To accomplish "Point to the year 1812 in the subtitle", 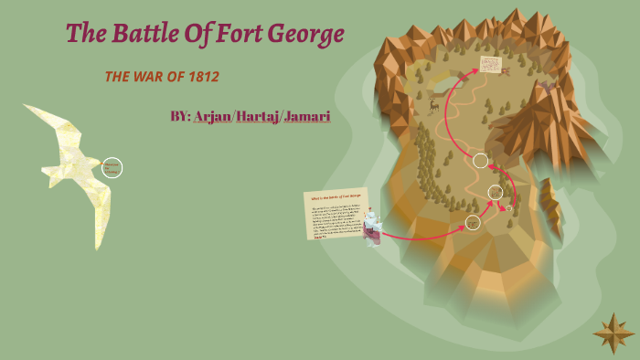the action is tap(203, 77).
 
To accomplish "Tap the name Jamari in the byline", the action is tap(307, 117).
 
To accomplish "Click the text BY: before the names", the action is tap(180, 117).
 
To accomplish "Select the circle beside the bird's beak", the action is tap(112, 167).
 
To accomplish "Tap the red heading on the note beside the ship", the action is tap(335, 197).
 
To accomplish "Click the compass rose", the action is tap(613, 333).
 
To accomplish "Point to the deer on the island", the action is tap(434, 105).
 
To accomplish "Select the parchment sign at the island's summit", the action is tap(491, 64).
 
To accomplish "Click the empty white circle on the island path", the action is tap(480, 161).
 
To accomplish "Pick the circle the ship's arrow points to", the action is tap(472, 222).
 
